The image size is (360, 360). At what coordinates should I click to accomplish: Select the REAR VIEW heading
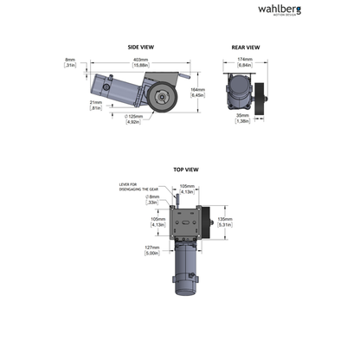pos(245,48)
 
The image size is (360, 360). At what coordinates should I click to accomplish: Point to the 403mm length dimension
pos(139,62)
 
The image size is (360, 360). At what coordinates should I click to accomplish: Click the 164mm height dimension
pos(197,92)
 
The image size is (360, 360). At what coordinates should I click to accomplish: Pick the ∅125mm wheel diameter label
pos(132,119)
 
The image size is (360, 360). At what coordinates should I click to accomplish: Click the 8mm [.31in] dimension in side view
pos(71,63)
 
